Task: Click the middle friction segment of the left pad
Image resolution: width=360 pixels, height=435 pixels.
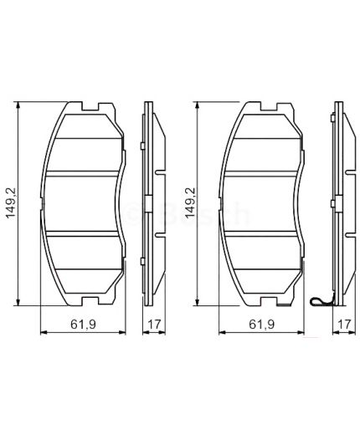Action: click(x=84, y=203)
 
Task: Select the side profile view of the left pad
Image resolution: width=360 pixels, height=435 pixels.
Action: click(x=150, y=203)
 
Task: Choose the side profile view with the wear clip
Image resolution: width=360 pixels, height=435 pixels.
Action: click(x=338, y=203)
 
